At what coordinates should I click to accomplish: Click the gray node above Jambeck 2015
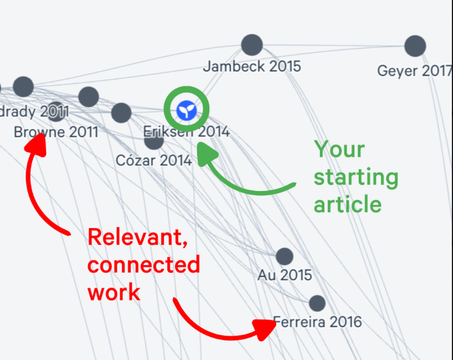click(252, 45)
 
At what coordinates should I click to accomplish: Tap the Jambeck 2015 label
click(252, 66)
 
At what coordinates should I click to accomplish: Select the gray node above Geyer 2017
click(415, 45)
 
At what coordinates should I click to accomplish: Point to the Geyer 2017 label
click(414, 71)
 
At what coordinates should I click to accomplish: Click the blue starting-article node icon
click(186, 111)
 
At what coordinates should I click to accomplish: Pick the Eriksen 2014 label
click(186, 132)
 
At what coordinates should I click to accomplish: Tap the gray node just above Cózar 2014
click(154, 140)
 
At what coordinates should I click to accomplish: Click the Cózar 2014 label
click(154, 161)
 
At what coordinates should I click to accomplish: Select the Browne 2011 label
click(56, 133)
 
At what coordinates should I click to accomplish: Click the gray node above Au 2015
click(285, 257)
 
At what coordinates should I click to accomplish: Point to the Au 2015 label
click(285, 275)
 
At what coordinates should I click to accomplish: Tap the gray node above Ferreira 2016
click(317, 303)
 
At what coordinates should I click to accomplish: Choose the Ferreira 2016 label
click(318, 322)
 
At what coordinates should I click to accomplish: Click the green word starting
click(356, 177)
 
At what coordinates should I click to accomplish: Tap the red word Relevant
click(137, 238)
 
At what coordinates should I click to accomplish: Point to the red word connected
click(144, 265)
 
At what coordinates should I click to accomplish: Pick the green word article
click(347, 204)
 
